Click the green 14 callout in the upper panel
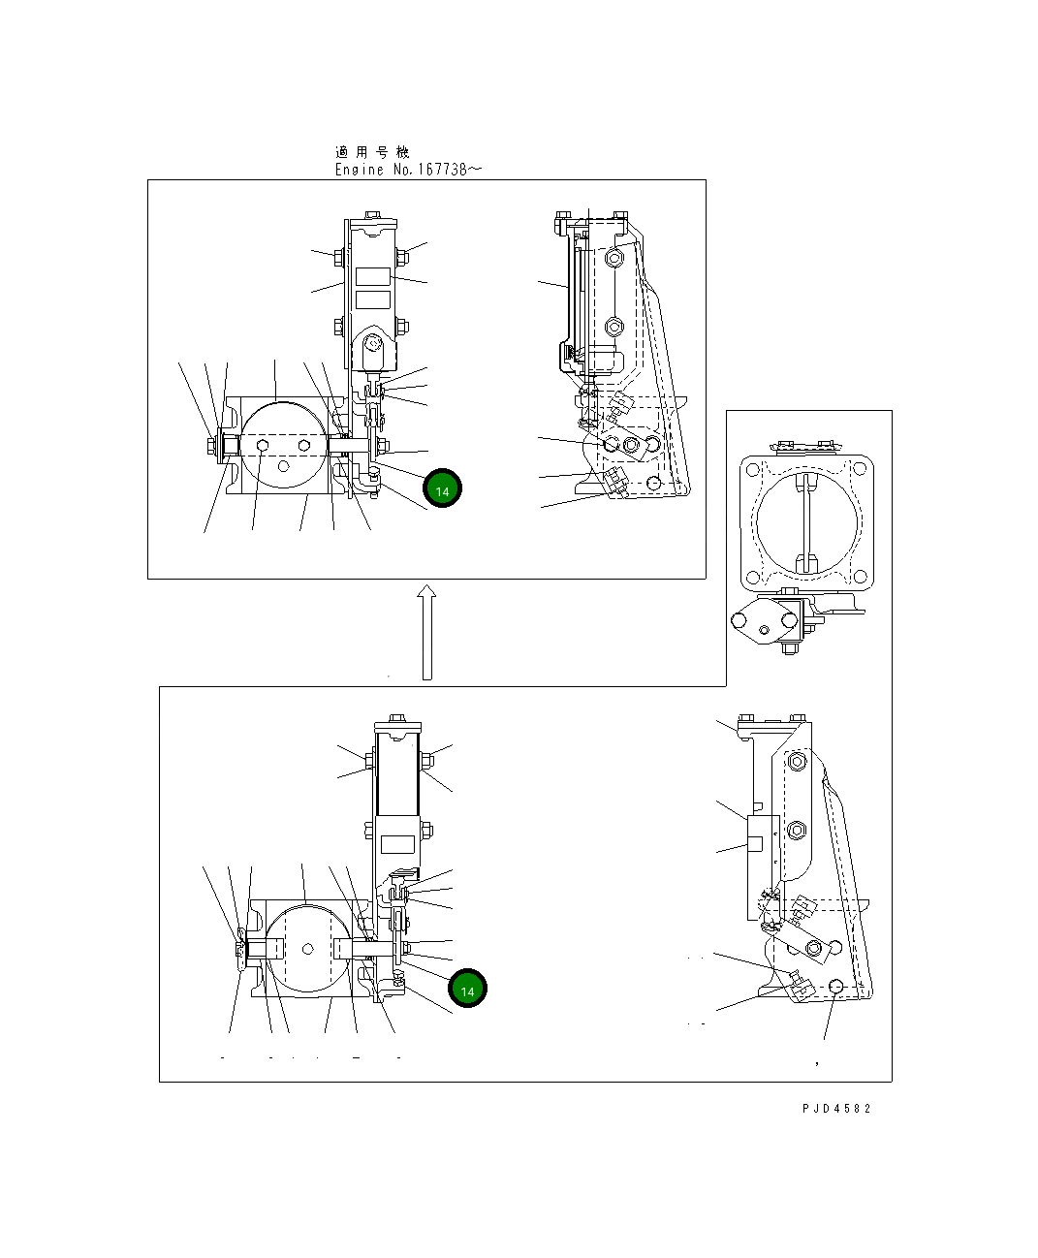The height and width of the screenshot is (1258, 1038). click(x=442, y=490)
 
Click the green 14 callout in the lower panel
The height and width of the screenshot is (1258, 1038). click(x=467, y=991)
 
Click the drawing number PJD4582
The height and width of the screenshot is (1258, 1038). click(x=835, y=1108)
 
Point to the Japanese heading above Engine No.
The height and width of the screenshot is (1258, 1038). click(x=372, y=152)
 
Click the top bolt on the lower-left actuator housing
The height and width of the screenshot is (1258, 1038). click(x=397, y=718)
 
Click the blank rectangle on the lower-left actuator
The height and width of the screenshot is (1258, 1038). click(x=397, y=844)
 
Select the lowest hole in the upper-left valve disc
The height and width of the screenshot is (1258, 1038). click(x=283, y=466)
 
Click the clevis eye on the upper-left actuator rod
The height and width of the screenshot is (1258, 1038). click(x=375, y=342)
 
